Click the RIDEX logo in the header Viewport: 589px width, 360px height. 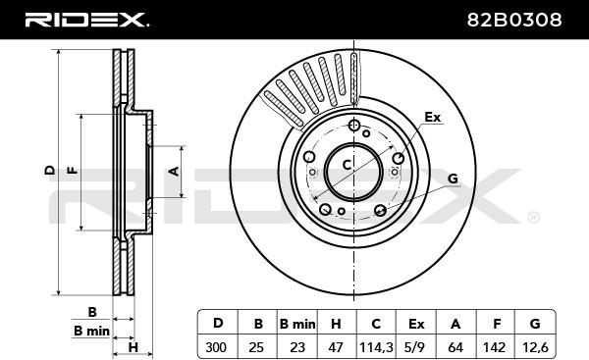(86, 20)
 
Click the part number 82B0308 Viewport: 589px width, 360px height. (514, 20)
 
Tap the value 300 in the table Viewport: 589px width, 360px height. (216, 347)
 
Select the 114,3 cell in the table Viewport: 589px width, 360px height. (376, 347)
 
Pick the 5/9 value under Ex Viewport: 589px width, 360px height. (416, 347)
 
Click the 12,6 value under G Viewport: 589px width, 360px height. (535, 347)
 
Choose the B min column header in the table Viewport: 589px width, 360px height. (297, 324)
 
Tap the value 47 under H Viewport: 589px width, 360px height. (336, 347)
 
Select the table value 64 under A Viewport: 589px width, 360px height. (455, 347)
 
